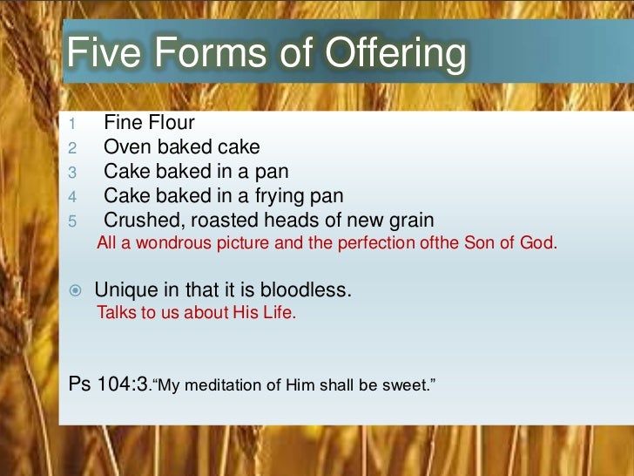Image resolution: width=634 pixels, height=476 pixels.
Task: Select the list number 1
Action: click(x=74, y=124)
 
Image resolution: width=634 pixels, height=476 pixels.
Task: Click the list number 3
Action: click(x=74, y=173)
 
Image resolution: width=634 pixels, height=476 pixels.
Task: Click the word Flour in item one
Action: click(x=171, y=123)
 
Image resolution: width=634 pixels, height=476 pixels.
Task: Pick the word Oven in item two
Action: click(x=125, y=147)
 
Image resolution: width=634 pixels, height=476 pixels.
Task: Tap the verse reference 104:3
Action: click(x=122, y=383)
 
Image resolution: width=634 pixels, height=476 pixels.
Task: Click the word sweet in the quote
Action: click(x=408, y=384)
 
